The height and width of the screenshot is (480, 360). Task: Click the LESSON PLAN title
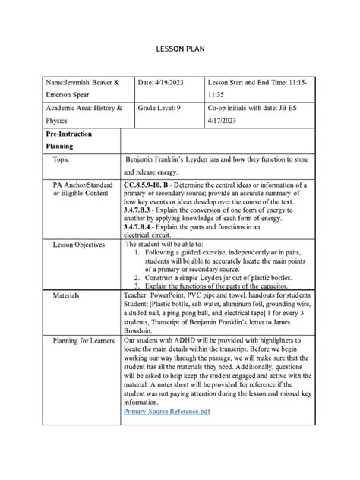180,49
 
